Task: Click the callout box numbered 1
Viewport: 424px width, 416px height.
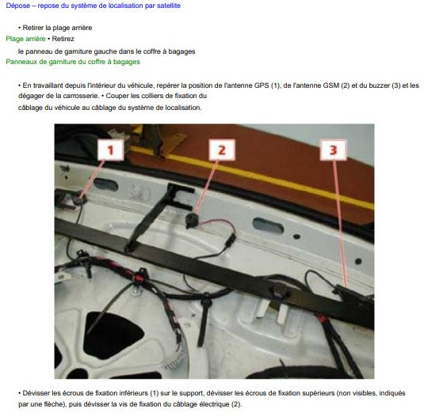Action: click(x=111, y=149)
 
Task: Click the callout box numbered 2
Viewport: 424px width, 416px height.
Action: click(x=222, y=149)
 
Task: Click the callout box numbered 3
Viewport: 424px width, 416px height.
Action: click(x=333, y=149)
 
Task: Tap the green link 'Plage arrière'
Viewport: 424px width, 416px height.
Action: click(x=25, y=39)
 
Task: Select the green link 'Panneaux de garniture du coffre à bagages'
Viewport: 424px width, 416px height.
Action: click(x=73, y=62)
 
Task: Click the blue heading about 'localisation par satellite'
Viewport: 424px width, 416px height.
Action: click(x=94, y=6)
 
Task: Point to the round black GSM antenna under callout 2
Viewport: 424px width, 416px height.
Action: click(x=192, y=219)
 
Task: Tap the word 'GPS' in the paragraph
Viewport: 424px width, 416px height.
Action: click(x=262, y=85)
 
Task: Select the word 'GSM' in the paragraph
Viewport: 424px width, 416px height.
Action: click(x=331, y=85)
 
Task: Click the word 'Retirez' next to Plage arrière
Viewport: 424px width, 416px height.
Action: click(x=63, y=39)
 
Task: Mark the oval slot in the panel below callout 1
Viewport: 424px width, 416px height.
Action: click(x=106, y=185)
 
